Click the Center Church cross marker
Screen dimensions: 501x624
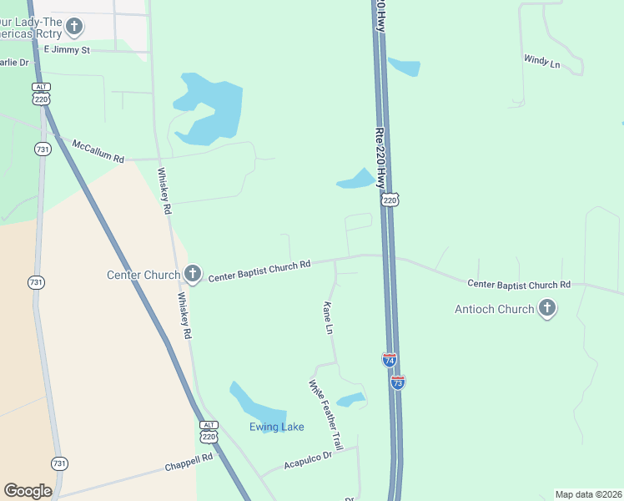click(193, 274)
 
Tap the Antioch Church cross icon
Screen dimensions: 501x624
click(546, 309)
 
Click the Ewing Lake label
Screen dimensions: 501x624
click(276, 428)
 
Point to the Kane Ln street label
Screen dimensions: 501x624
click(329, 319)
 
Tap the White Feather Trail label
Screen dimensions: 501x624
click(326, 415)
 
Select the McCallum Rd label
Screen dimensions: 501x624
click(98, 150)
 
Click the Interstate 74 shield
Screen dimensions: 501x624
click(390, 360)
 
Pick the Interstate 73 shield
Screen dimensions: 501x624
click(398, 382)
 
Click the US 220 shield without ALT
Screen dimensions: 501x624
click(390, 200)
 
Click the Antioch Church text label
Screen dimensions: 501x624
click(494, 309)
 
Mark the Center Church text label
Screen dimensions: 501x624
click(143, 275)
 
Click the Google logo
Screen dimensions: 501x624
click(28, 491)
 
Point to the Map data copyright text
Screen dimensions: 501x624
click(588, 494)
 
